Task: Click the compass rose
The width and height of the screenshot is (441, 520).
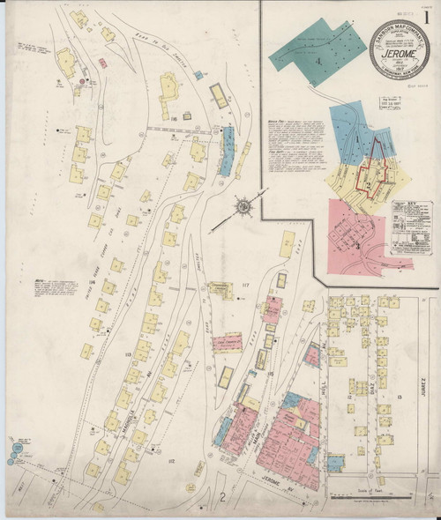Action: [242, 208]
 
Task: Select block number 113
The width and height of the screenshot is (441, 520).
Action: [130, 355]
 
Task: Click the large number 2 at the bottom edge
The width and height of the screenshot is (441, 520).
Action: [224, 499]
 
